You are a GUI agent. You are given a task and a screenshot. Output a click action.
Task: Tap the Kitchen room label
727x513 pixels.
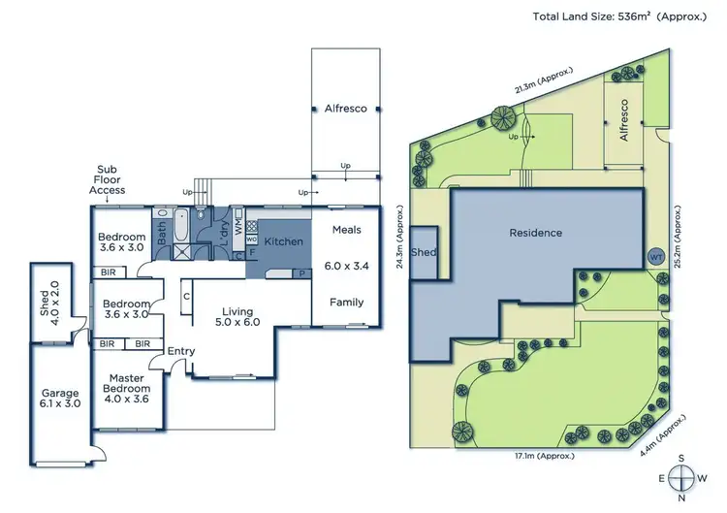284,241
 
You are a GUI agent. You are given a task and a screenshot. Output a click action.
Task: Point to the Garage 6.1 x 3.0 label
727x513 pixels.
59,400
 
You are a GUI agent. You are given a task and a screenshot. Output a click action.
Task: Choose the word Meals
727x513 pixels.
346,230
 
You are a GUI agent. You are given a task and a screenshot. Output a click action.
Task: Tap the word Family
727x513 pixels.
346,302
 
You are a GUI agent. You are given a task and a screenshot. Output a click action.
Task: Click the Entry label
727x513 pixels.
180,350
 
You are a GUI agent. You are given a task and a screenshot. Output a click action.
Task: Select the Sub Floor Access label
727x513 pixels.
107,178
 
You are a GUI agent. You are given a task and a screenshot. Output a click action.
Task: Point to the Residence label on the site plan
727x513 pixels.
536,233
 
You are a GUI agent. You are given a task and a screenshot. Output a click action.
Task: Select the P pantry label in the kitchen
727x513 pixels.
300,273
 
